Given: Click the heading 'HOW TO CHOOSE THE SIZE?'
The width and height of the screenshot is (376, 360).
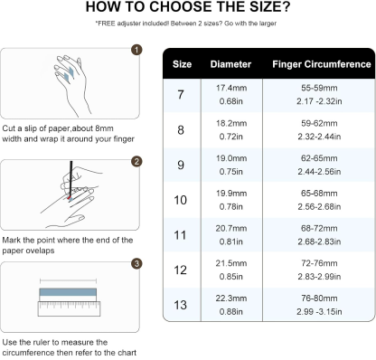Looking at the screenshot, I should pyautogui.click(x=187, y=10).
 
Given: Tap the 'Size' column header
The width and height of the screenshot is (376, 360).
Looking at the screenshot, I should pyautogui.click(x=183, y=65).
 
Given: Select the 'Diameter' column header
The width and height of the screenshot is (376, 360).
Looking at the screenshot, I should pyautogui.click(x=231, y=65).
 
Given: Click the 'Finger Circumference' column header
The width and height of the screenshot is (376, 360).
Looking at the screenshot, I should pyautogui.click(x=322, y=65).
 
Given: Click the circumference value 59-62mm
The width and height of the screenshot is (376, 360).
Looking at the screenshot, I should pyautogui.click(x=321, y=122).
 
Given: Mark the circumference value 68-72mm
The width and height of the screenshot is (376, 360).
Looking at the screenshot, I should pyautogui.click(x=321, y=228).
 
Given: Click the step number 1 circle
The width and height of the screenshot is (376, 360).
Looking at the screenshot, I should pyautogui.click(x=136, y=49).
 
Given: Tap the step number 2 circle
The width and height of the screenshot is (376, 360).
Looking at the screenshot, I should pyautogui.click(x=136, y=161).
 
